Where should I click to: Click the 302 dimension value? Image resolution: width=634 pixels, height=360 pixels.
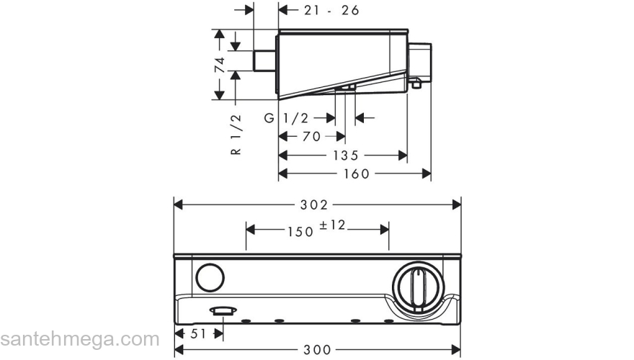click(318, 204)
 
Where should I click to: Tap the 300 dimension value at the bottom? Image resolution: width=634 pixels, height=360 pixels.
click(317, 351)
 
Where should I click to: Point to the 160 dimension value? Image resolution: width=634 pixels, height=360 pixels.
click(355, 174)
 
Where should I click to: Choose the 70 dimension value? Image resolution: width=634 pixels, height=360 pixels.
click(311, 136)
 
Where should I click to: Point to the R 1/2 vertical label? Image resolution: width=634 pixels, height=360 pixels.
click(236, 135)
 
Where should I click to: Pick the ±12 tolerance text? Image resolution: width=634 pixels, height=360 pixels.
click(333, 226)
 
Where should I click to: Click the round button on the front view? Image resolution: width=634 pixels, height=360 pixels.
click(209, 278)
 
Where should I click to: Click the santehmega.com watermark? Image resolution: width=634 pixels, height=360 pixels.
click(79, 339)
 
